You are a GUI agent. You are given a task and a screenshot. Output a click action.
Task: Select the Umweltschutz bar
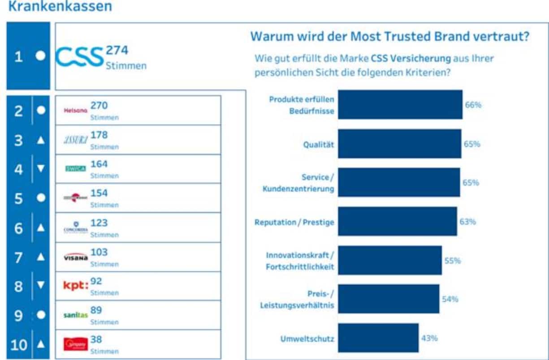pyautogui.click(x=378, y=338)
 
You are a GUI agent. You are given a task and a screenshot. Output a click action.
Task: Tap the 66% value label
pyautogui.click(x=473, y=105)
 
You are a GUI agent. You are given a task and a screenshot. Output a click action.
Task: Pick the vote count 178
pyautogui.click(x=99, y=135)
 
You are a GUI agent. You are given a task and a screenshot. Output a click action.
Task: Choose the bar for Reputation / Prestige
pyautogui.click(x=398, y=221)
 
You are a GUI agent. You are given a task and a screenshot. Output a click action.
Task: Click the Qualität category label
pyautogui.click(x=319, y=144)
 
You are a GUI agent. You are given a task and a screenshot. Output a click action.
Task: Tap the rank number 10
pyautogui.click(x=18, y=345)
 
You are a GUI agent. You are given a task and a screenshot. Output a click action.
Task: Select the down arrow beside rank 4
pyautogui.click(x=41, y=169)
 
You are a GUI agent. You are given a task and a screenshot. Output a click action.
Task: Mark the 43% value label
pyautogui.click(x=429, y=338)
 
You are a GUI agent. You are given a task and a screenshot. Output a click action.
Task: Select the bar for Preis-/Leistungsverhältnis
pyautogui.click(x=389, y=299)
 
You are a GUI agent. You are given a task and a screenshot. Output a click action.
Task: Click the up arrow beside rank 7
pyautogui.click(x=41, y=257)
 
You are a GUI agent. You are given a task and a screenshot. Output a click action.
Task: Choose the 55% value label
pyautogui.click(x=452, y=261)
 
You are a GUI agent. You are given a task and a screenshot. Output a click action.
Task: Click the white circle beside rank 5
pyautogui.click(x=41, y=198)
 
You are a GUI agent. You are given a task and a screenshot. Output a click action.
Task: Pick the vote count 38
pyautogui.click(x=96, y=339)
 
